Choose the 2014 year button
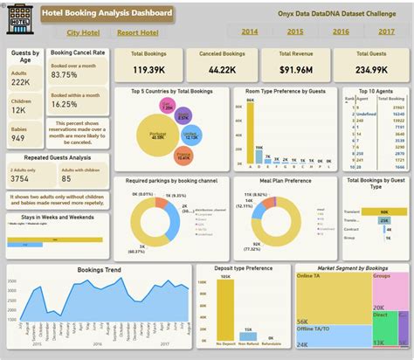[250, 31]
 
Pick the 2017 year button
[385, 31]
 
